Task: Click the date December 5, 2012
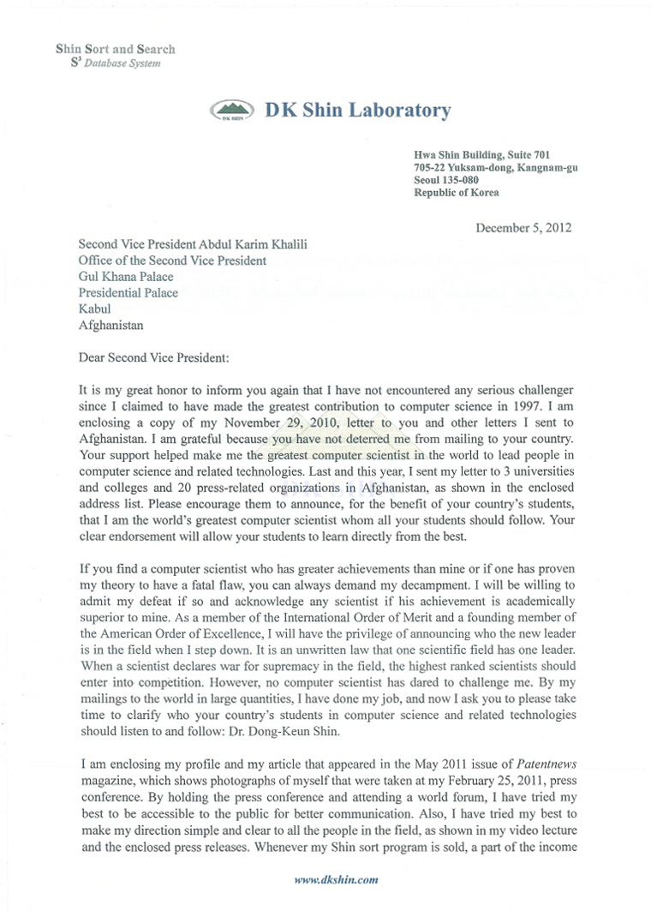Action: point(523,227)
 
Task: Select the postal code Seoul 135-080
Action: point(445,180)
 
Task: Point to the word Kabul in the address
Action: point(94,309)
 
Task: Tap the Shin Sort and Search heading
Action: point(116,50)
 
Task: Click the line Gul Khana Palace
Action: point(125,277)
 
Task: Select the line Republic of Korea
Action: point(456,193)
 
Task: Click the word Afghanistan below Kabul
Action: point(111,325)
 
